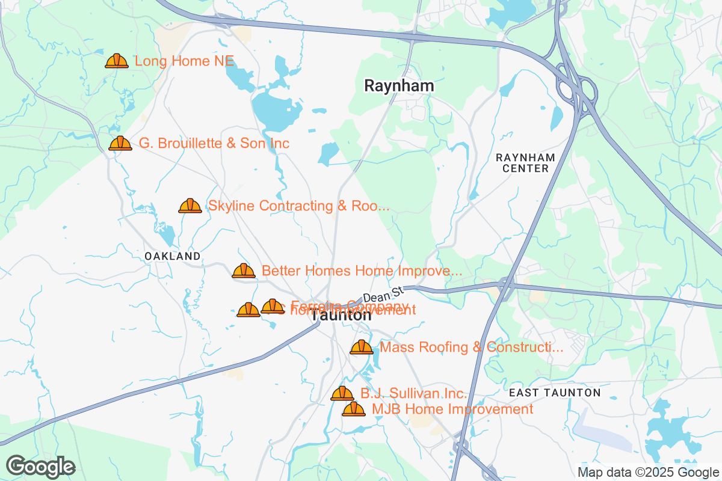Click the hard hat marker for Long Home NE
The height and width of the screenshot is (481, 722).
[x=117, y=61]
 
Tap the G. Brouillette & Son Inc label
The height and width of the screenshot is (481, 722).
[x=214, y=143]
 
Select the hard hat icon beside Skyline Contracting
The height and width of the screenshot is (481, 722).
[x=190, y=206]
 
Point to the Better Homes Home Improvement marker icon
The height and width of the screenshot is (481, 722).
[x=244, y=271]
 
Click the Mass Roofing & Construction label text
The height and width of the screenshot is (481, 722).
[x=472, y=347]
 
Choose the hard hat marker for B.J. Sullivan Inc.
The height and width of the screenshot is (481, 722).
[x=342, y=393]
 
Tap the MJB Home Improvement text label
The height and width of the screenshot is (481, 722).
[x=452, y=409]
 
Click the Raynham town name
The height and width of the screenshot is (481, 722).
[x=399, y=86]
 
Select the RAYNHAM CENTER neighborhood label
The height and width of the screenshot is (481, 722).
[x=522, y=163]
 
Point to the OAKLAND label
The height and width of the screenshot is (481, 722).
[x=173, y=256]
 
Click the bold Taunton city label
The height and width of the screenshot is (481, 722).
[x=341, y=315]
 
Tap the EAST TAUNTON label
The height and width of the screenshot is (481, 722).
[x=554, y=393]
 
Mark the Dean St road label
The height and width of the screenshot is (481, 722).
[x=383, y=295]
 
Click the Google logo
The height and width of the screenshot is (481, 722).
[x=41, y=466]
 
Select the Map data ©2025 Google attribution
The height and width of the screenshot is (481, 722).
[x=647, y=472]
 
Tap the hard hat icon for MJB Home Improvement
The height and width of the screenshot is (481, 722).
[x=354, y=409]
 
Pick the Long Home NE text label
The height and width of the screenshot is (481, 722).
[x=184, y=61]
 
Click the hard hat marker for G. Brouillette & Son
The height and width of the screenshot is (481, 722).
[x=120, y=143]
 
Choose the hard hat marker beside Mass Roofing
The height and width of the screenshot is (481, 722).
[x=362, y=347]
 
